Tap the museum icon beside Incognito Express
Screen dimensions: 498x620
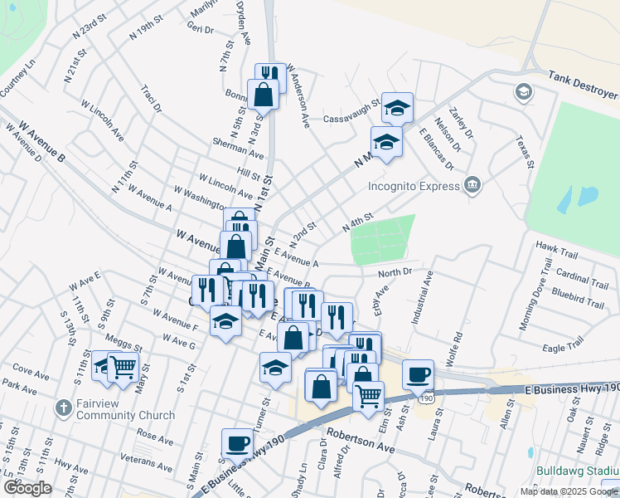(472, 183)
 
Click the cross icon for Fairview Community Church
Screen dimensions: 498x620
(63, 408)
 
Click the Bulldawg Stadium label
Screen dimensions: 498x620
(577, 471)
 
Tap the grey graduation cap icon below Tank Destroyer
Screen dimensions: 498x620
(523, 91)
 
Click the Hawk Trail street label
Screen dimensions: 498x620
(555, 247)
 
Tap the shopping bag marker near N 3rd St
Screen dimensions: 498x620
(264, 95)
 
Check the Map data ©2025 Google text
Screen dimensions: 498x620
(568, 491)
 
